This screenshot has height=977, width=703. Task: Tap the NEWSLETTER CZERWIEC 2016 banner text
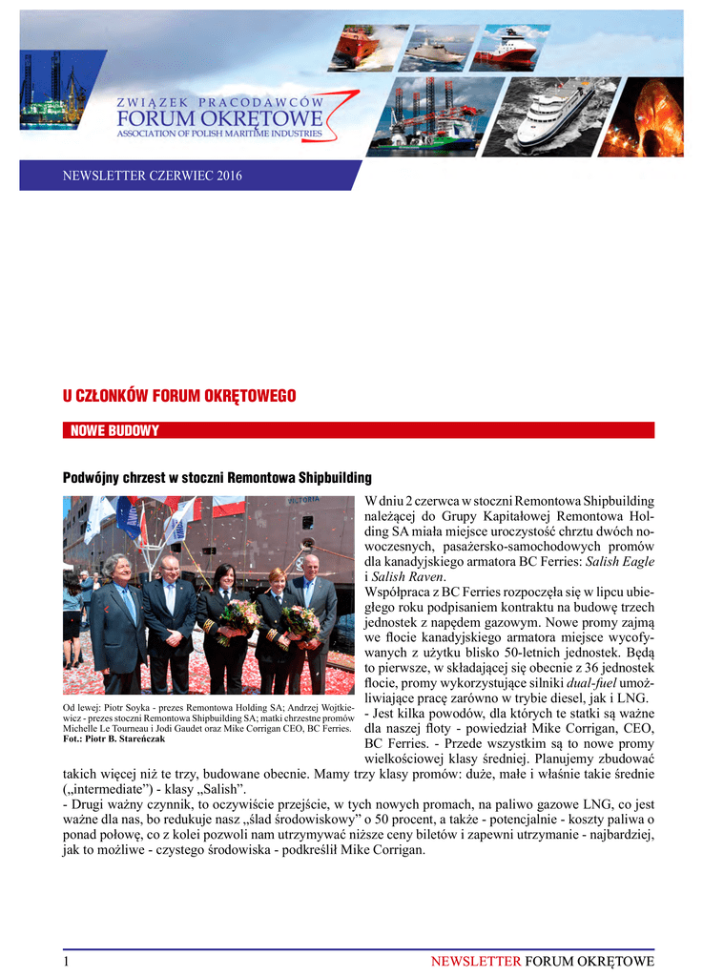pos(153,176)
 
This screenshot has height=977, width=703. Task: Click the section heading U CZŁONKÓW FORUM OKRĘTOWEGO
pos(179,396)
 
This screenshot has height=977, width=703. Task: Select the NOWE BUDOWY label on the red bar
pos(114,430)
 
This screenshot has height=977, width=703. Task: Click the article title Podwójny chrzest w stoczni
pos(217,477)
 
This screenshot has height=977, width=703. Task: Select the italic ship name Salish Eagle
pos(620,562)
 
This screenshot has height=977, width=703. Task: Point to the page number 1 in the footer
pos(66,962)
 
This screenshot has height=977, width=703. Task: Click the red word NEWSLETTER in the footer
pos(475,962)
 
